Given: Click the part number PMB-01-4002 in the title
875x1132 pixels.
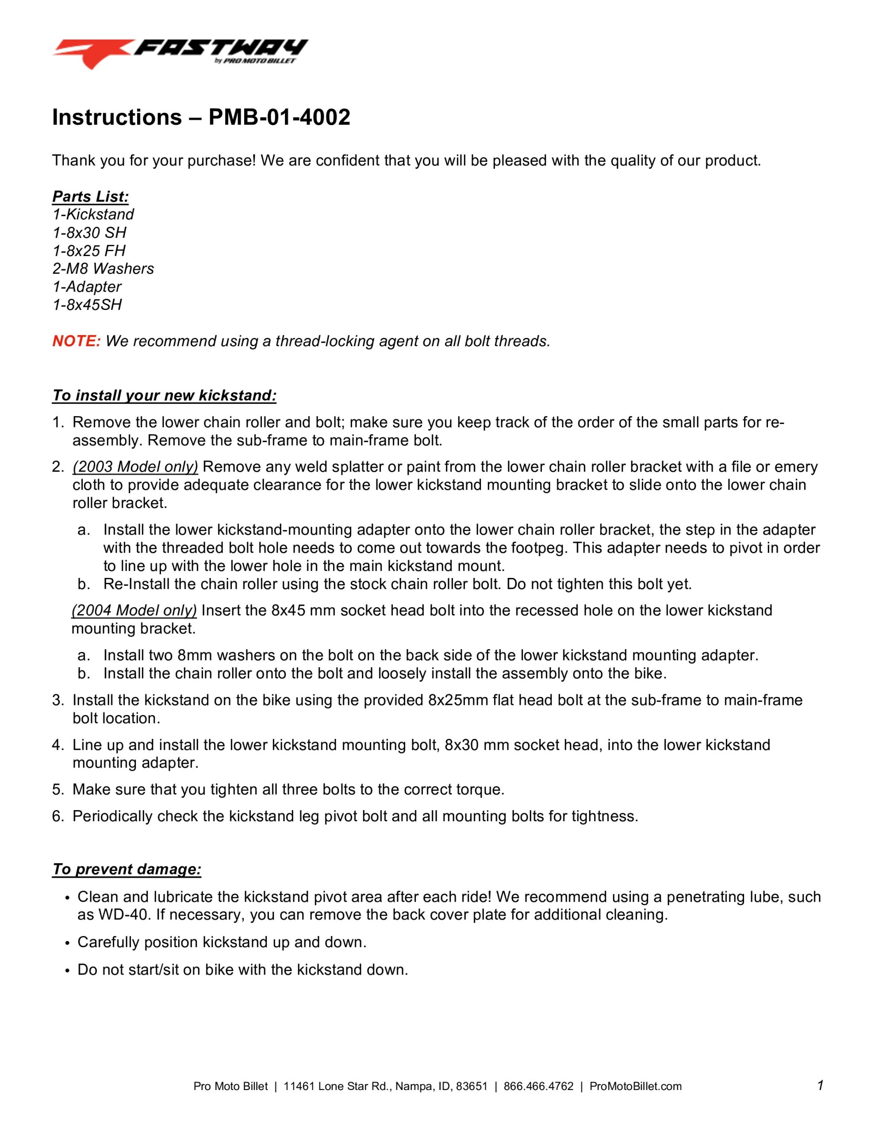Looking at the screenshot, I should [279, 118].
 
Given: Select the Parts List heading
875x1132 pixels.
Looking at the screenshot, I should [90, 196].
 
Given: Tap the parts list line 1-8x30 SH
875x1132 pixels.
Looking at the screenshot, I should [89, 232].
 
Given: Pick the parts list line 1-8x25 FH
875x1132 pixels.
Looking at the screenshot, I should [88, 250].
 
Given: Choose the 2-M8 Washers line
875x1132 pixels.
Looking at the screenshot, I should [103, 268].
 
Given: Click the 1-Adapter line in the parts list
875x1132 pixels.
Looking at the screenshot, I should [87, 287].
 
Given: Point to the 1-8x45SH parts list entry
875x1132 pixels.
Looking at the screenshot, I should [87, 304].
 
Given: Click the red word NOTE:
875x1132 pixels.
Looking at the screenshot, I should [76, 341].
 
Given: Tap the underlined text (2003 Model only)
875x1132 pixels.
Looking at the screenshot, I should [135, 467].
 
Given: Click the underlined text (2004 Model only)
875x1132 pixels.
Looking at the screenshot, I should [134, 610].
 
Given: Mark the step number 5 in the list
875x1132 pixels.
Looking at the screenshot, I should [57, 789].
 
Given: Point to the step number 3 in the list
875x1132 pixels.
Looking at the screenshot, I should [57, 700].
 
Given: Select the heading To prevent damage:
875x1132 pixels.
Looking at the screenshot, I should [127, 869].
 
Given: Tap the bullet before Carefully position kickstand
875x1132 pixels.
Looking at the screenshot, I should [67, 943].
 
